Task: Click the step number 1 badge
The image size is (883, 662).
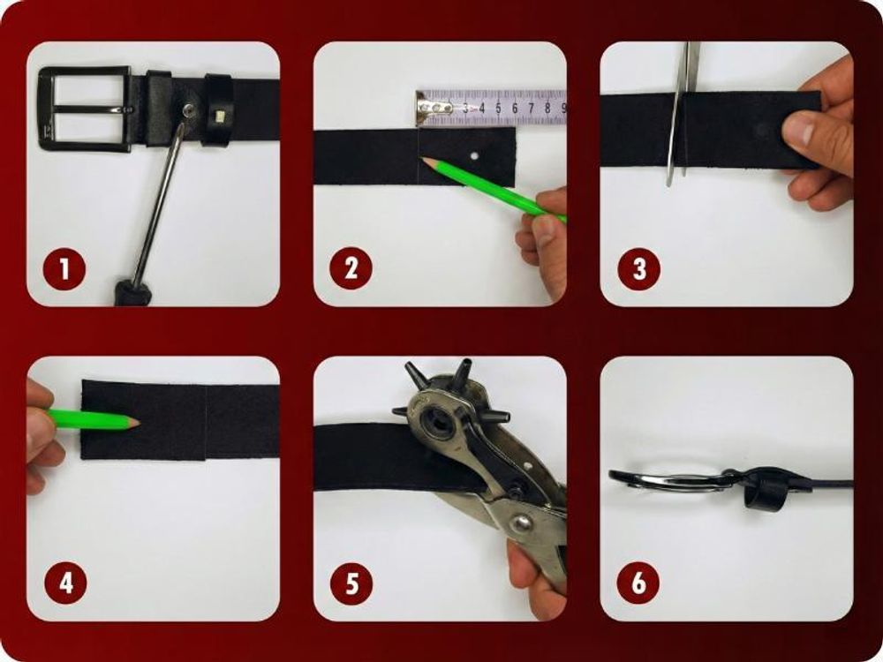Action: click(x=64, y=269)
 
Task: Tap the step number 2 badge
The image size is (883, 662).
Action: click(x=351, y=268)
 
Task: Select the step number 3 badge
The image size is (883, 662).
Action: click(x=639, y=269)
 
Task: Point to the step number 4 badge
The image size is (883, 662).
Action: click(x=66, y=583)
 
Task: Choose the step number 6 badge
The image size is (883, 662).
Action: click(x=638, y=583)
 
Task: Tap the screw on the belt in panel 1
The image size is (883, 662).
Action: click(x=191, y=109)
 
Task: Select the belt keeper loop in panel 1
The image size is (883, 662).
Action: click(x=218, y=109)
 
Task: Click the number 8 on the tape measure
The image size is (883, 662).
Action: click(x=547, y=108)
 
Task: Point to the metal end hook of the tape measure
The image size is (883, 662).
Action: click(x=434, y=108)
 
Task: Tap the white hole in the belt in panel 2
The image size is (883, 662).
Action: click(x=475, y=155)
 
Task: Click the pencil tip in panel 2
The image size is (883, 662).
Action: click(x=426, y=162)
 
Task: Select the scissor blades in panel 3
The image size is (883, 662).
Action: click(x=682, y=113)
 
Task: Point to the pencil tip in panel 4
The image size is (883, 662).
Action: click(x=134, y=422)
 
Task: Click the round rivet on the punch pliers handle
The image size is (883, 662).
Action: click(x=520, y=524)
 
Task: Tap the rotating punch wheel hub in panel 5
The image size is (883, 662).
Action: click(x=436, y=420)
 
